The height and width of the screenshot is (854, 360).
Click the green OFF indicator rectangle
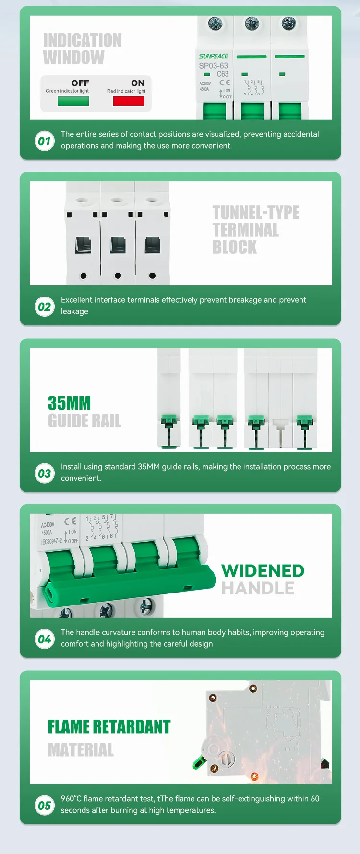click(x=73, y=101)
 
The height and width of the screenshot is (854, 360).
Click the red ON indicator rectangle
click(x=129, y=101)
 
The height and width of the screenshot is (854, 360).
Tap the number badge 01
click(x=44, y=141)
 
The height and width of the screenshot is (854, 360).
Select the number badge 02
click(x=44, y=307)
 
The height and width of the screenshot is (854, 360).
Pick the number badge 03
click(x=44, y=474)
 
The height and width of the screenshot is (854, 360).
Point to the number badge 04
click(x=44, y=639)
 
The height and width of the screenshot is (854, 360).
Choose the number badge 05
click(x=44, y=806)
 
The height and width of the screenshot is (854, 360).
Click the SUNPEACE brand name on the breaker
click(x=214, y=56)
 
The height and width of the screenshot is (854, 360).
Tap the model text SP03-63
click(x=214, y=66)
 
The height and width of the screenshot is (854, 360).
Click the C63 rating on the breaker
click(x=222, y=74)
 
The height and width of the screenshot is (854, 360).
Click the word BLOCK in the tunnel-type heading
click(x=235, y=247)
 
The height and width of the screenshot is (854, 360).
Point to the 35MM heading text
click(x=69, y=403)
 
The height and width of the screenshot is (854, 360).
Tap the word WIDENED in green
click(x=263, y=570)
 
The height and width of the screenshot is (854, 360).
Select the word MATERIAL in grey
click(x=81, y=749)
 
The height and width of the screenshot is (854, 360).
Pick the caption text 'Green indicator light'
click(x=67, y=91)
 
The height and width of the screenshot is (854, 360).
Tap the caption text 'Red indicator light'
click(x=126, y=91)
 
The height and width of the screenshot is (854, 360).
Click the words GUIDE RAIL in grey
click(x=84, y=421)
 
